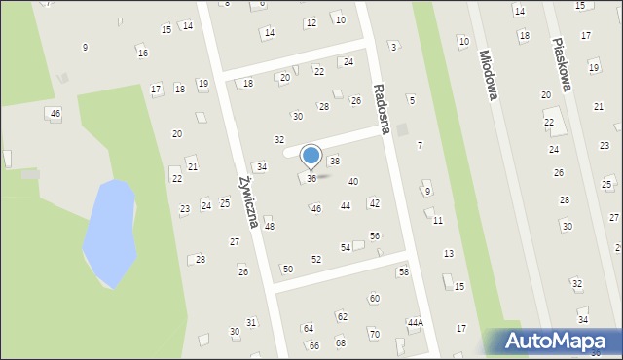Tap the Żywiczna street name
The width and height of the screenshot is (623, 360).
(x=246, y=201)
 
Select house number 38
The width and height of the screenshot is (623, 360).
(x=334, y=161)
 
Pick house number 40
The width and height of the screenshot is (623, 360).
(x=353, y=181)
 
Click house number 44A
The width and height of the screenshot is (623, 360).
(x=416, y=322)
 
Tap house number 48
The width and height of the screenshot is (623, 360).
(x=270, y=226)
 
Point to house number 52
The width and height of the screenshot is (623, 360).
(x=315, y=259)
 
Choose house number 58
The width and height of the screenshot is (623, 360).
(x=403, y=271)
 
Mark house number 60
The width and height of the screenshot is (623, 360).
(x=374, y=298)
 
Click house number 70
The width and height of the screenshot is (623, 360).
(x=374, y=334)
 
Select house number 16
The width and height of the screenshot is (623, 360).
(x=142, y=53)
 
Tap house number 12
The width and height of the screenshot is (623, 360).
(x=311, y=22)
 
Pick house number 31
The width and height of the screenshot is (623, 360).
(x=250, y=322)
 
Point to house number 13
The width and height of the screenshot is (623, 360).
(x=448, y=253)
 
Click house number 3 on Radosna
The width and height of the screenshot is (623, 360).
(x=392, y=46)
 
